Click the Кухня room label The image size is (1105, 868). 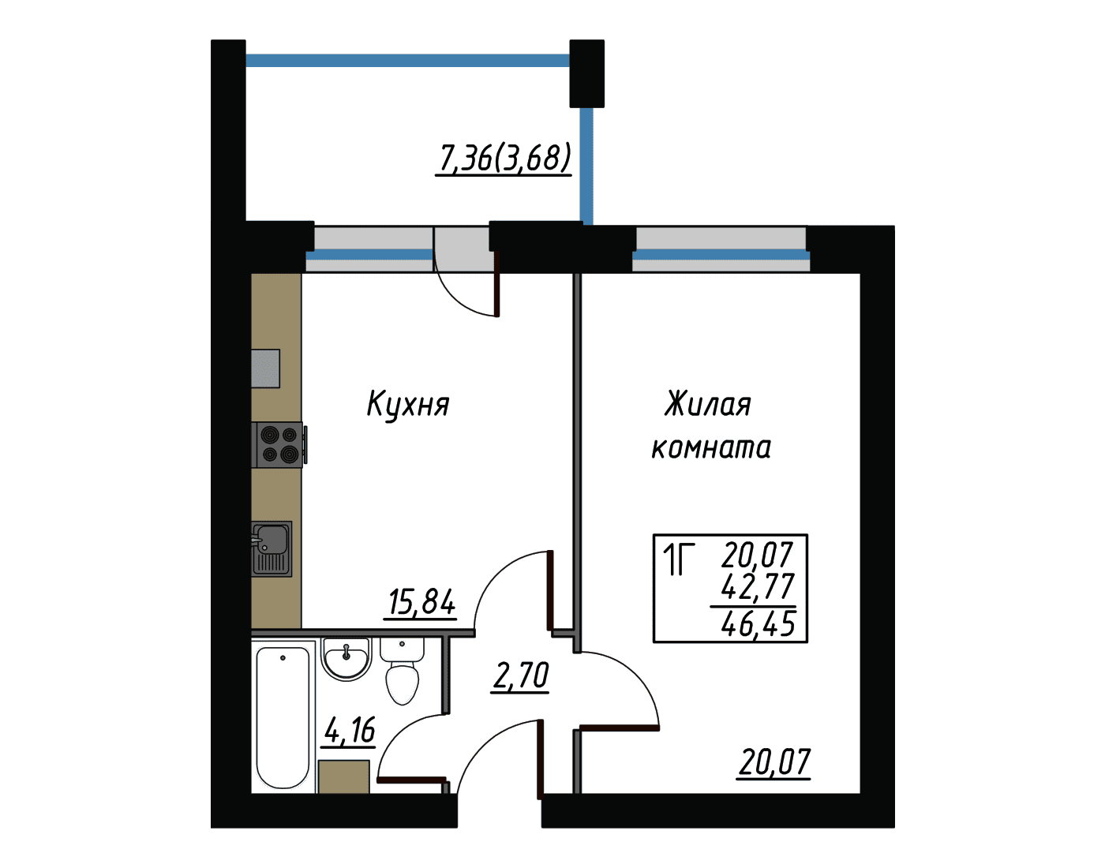408,405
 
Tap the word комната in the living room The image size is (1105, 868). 711,447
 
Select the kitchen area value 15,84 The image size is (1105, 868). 421,603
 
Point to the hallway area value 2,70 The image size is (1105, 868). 520,676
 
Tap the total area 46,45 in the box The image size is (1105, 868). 758,624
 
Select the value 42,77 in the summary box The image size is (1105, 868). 758,586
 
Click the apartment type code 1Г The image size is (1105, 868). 678,559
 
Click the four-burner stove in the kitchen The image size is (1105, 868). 279,445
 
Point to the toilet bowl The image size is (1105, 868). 403,672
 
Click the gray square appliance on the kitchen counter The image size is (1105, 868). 265,369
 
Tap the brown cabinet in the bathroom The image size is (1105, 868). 344,776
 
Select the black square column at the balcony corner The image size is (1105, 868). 586,73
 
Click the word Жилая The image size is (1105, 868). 707,405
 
